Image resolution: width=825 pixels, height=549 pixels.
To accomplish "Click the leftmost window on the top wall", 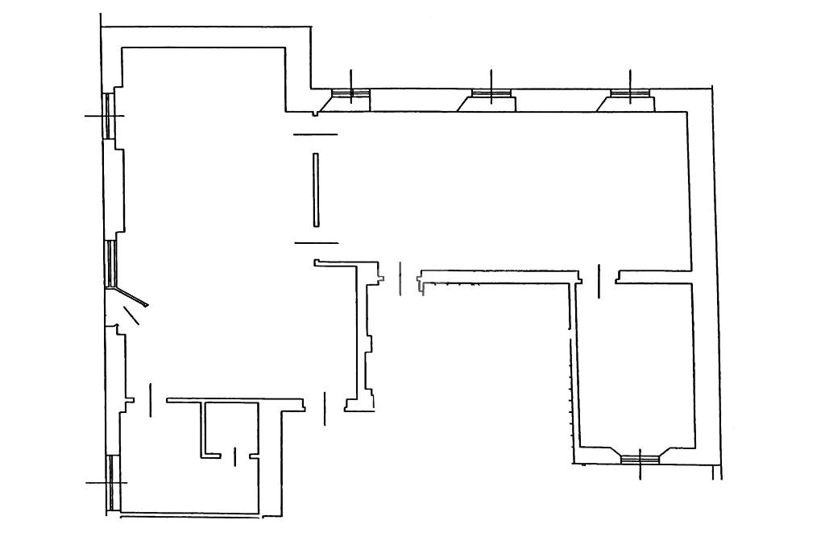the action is click(351, 95).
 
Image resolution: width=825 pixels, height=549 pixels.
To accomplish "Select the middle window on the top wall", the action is click(491, 95).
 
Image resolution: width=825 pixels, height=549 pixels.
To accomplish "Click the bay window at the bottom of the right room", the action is click(640, 458).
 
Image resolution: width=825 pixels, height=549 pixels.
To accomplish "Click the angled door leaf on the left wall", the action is click(132, 299).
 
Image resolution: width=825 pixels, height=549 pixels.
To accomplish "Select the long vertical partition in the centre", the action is click(316, 191).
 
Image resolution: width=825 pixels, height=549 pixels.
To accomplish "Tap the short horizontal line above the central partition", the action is click(315, 134).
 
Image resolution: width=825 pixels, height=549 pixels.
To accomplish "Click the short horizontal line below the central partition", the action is click(316, 242).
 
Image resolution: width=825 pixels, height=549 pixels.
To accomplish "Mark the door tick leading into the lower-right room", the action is click(599, 281).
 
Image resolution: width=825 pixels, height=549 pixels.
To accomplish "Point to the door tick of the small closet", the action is click(234, 456).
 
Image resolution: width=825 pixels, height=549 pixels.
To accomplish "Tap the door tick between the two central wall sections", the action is click(400, 278).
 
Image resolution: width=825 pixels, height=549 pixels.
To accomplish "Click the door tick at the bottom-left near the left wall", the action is click(151, 400).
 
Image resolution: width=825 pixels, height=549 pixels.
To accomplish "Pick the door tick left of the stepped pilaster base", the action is click(324, 407).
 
